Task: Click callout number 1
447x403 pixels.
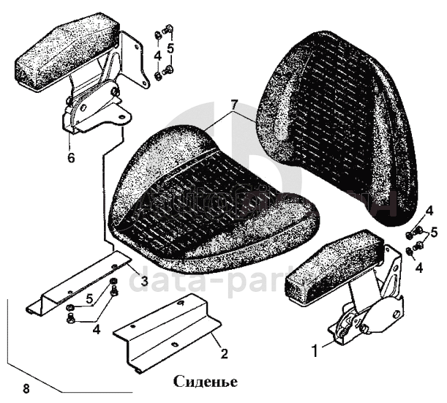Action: tap(315, 350)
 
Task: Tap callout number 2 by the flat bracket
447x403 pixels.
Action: tap(225, 354)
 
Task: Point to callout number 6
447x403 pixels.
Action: tap(71, 157)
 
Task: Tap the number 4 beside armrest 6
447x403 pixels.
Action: tap(157, 56)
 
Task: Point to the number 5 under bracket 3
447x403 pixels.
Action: tap(88, 299)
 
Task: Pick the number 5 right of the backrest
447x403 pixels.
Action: tap(434, 233)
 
